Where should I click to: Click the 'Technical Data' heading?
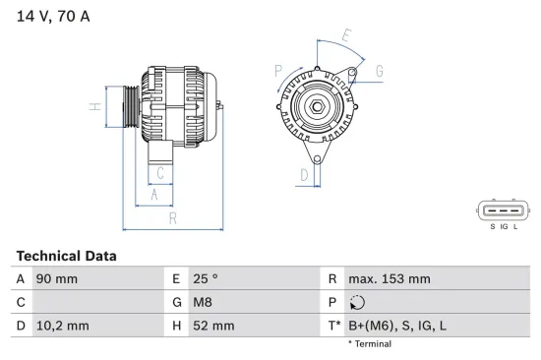click(x=66, y=256)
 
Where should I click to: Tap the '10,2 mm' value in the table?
click(x=62, y=325)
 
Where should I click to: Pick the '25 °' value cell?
click(x=204, y=279)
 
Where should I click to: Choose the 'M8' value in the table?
click(x=201, y=302)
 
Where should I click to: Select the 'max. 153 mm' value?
click(x=389, y=279)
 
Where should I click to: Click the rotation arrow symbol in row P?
click(x=357, y=303)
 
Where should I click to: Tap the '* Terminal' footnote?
click(x=370, y=344)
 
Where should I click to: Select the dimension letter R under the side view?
click(x=173, y=217)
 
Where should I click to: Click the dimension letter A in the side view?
click(x=154, y=195)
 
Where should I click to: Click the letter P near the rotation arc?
click(x=278, y=71)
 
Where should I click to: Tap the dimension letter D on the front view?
click(x=304, y=176)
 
